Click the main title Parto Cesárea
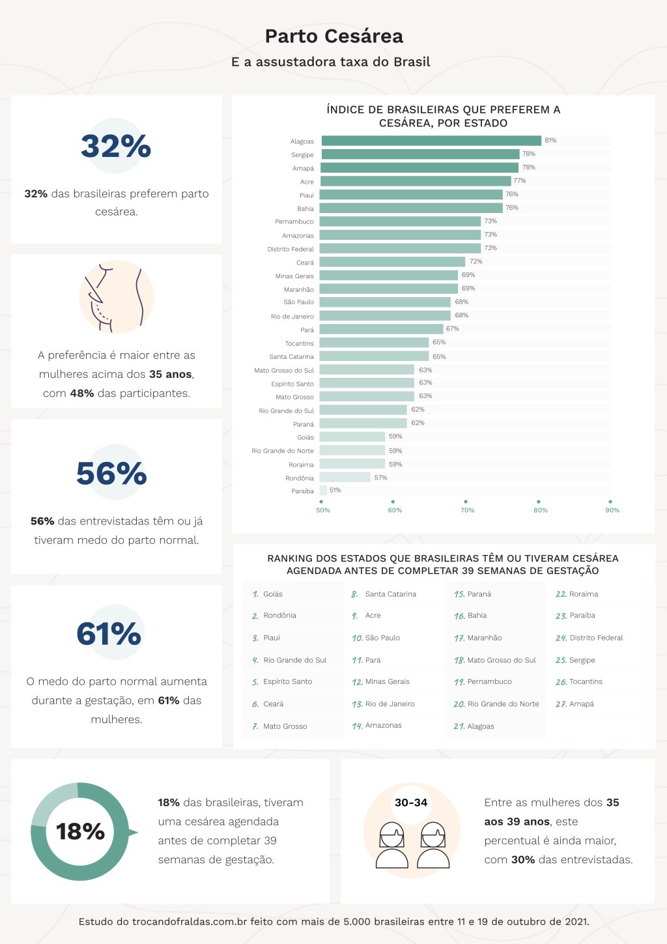[333, 36]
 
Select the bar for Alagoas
[431, 141]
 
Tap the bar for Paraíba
[323, 491]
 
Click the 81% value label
[550, 140]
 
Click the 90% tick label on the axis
[612, 510]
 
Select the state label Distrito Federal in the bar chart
[291, 249]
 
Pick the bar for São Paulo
[385, 302]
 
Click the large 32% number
[116, 146]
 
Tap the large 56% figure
[111, 474]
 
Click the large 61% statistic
[109, 634]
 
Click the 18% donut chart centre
[80, 831]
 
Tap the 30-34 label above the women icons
[411, 803]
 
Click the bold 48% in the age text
[82, 393]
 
